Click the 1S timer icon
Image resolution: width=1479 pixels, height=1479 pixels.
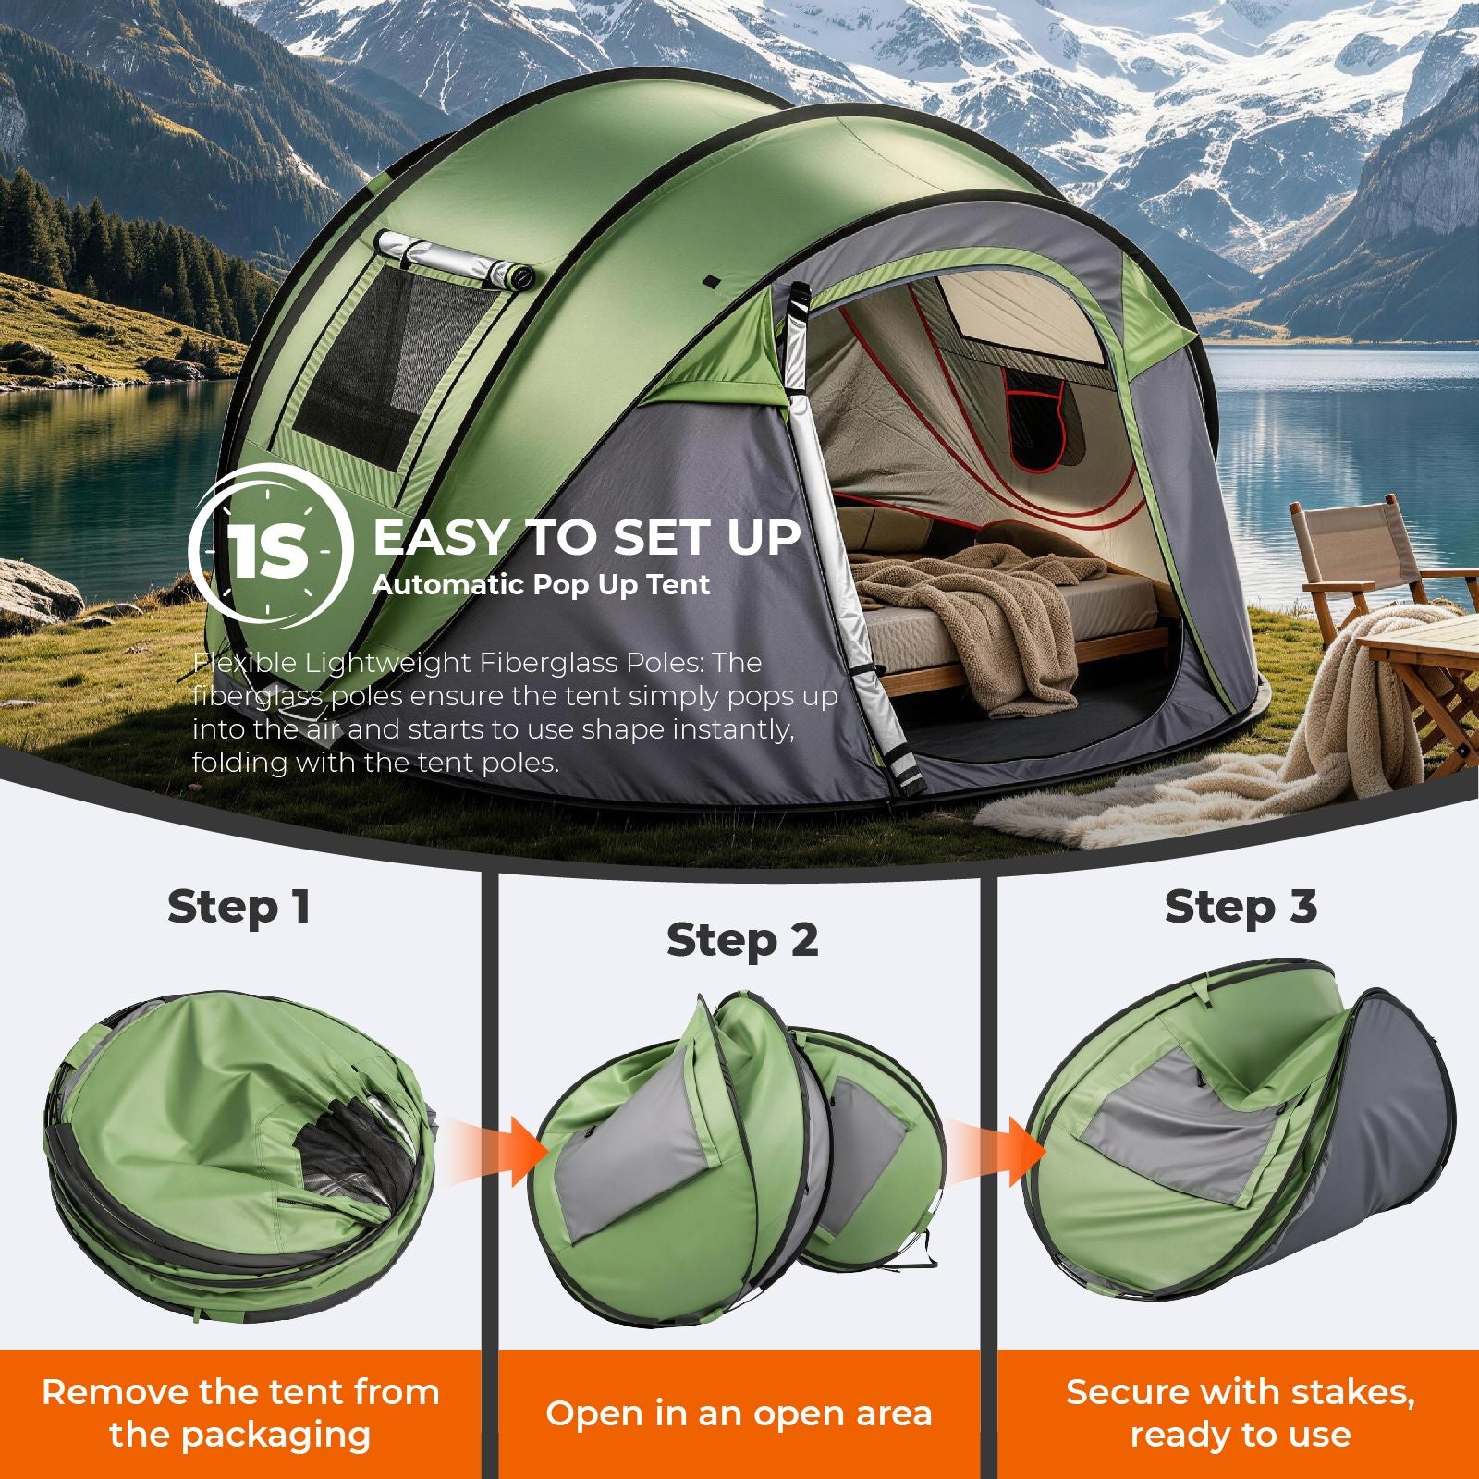pos(270,553)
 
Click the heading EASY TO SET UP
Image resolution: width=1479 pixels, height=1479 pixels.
pos(586,538)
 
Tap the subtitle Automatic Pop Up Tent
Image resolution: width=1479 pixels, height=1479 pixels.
pos(542,585)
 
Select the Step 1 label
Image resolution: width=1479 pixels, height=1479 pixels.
pos(238,908)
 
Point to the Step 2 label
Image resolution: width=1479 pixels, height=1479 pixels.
pos(742,941)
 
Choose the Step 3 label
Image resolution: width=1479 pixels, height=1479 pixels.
pos(1241,907)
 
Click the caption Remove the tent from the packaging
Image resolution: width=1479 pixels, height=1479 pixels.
pos(240,1413)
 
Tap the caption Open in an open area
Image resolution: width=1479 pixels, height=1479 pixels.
pos(739,1413)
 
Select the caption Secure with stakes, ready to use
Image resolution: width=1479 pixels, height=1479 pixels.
pos(1241,1413)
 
